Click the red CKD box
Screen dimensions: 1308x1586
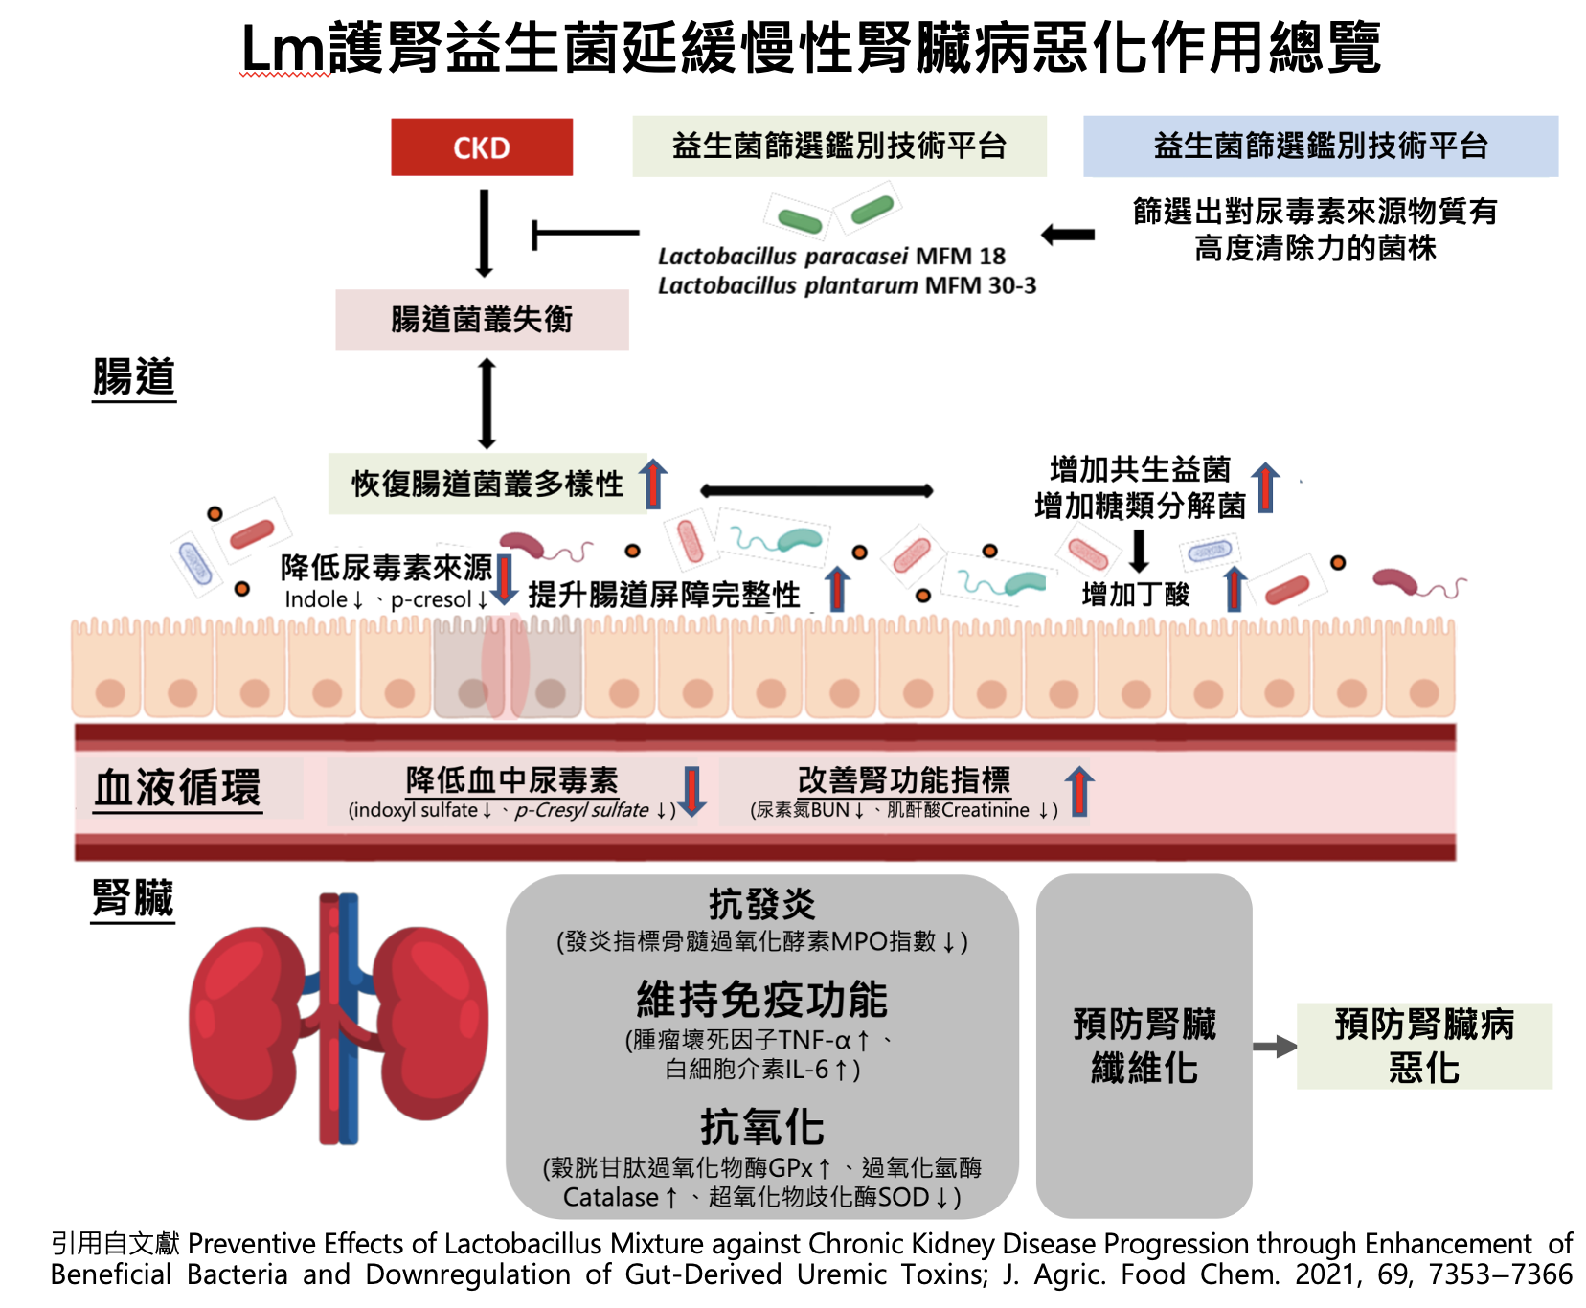(481, 147)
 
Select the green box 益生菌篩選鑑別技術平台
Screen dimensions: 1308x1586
(839, 147)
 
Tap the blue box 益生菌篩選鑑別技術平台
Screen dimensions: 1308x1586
(1320, 147)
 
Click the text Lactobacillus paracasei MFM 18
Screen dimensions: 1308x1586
(831, 257)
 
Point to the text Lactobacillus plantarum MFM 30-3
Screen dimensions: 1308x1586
(847, 286)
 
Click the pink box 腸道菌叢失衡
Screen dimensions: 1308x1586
(482, 320)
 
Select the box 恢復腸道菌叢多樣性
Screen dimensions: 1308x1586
(487, 484)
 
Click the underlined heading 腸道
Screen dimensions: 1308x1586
(134, 376)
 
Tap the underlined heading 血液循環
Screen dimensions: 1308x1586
(177, 788)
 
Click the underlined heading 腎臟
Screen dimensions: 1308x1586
(133, 898)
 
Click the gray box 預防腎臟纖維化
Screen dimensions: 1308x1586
(1144, 1046)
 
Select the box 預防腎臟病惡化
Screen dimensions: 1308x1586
(1423, 1046)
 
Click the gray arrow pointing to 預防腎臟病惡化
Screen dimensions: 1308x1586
(1274, 1047)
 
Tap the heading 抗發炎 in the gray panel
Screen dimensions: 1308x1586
(761, 904)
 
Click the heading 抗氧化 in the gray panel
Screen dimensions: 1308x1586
(761, 1127)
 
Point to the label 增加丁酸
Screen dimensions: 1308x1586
(1135, 595)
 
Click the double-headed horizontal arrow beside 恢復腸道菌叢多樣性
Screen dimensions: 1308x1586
(816, 491)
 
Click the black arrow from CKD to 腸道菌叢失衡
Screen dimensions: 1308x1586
(485, 233)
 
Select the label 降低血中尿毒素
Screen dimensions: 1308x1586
(511, 780)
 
